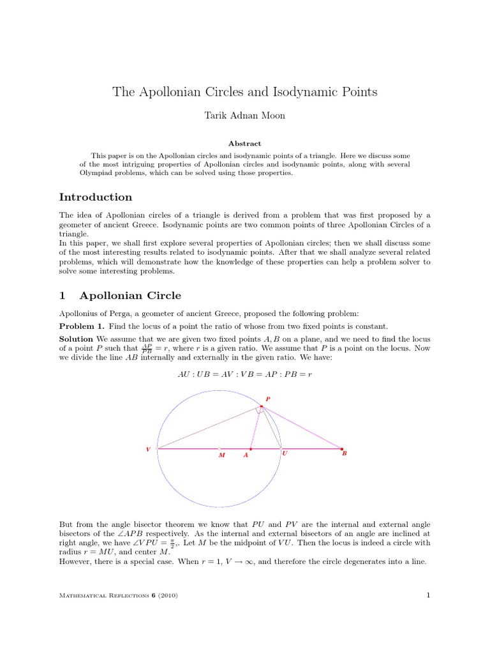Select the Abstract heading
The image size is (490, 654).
point(245,144)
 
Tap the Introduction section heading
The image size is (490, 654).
point(96,197)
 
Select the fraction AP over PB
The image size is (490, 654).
point(147,349)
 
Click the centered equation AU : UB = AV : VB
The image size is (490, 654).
point(245,374)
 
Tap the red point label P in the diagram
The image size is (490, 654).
point(268,399)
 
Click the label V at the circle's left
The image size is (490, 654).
point(148,450)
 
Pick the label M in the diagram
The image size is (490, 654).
point(221,455)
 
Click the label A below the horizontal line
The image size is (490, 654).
point(246,455)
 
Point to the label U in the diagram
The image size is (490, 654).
point(285,453)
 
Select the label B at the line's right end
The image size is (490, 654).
point(345,453)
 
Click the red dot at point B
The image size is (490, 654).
point(341,449)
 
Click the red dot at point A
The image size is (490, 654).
point(251,449)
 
